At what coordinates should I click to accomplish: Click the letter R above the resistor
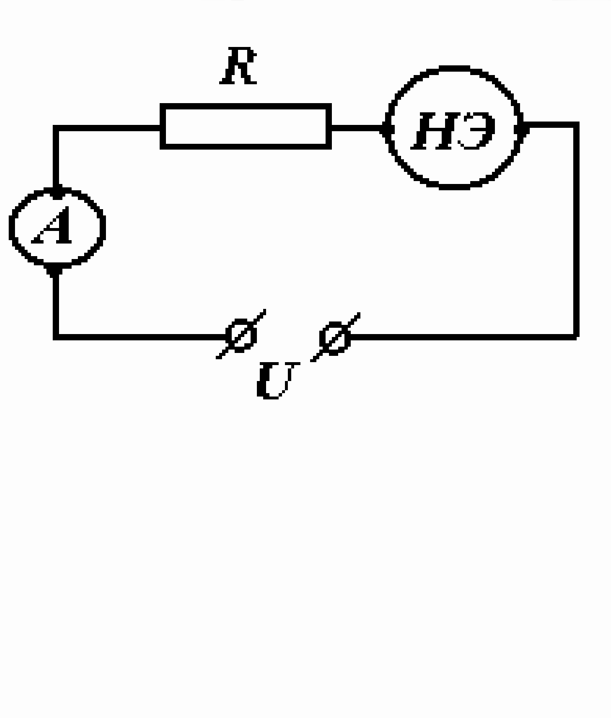tap(238, 66)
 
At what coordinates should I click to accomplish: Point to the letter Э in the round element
tap(477, 131)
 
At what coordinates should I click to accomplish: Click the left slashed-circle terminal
tap(241, 335)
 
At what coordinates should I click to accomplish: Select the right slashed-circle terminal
tap(335, 337)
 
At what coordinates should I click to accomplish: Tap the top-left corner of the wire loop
tap(56, 128)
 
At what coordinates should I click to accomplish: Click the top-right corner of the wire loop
tap(576, 125)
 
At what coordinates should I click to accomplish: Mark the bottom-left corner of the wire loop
tap(56, 337)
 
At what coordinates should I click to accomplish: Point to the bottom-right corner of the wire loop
tap(576, 337)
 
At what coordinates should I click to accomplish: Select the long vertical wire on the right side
tap(576, 230)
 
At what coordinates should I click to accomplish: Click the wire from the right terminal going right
tap(462, 337)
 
